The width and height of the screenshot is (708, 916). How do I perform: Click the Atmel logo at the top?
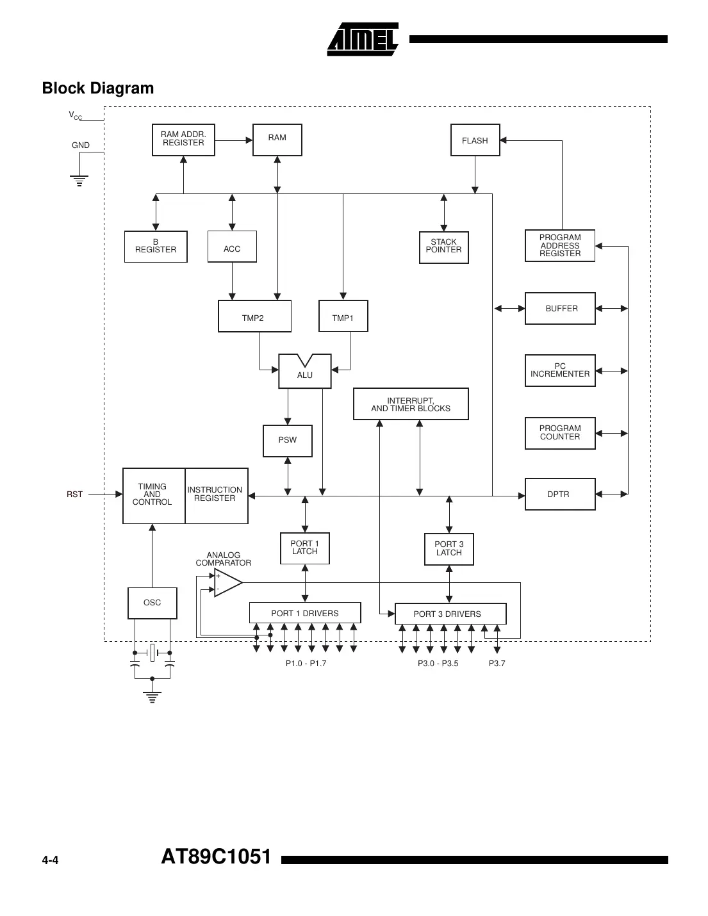363,40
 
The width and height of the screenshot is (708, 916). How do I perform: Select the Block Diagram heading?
98,88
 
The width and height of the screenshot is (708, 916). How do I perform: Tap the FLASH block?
475,140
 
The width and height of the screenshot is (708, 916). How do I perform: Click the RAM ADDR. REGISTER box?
183,140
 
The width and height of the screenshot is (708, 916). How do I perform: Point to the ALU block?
305,373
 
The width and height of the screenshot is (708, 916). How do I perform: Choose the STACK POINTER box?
443,247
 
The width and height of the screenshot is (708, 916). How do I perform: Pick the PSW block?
288,440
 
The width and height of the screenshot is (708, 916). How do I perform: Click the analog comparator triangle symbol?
227,582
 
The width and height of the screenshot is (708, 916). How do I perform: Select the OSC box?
152,603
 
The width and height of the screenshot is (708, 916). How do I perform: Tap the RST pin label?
75,495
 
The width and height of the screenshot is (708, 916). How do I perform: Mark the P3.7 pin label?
497,664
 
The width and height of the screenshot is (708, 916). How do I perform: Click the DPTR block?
559,494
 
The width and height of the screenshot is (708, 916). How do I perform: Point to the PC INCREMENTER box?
560,370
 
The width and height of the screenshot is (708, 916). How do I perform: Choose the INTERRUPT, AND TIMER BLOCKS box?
411,404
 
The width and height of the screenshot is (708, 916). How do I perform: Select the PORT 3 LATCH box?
449,549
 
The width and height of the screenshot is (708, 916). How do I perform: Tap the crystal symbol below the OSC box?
152,653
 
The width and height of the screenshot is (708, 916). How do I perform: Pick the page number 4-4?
50,860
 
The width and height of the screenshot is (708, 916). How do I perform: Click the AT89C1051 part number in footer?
217,857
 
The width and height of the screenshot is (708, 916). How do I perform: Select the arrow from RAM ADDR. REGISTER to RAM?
234,140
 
